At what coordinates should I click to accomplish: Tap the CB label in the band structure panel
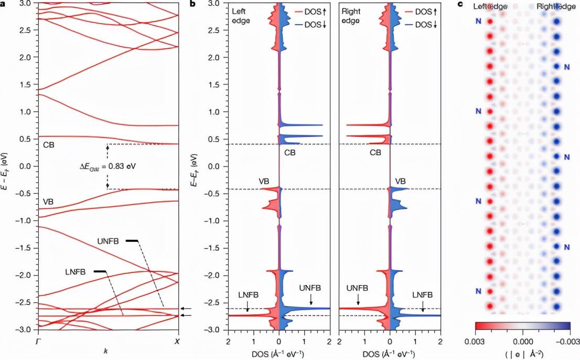click(49, 144)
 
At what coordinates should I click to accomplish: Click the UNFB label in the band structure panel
click(108, 241)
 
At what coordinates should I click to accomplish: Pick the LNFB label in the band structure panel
click(75, 271)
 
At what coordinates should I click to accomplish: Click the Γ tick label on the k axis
click(38, 341)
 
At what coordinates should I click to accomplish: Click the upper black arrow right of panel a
click(186, 309)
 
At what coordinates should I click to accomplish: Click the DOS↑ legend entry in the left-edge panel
click(309, 12)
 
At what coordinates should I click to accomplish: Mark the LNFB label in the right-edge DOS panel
click(423, 295)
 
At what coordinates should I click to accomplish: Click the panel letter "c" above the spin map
click(460, 5)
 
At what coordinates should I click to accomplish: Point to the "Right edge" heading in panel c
click(552, 7)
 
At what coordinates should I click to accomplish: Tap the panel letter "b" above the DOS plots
click(193, 5)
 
